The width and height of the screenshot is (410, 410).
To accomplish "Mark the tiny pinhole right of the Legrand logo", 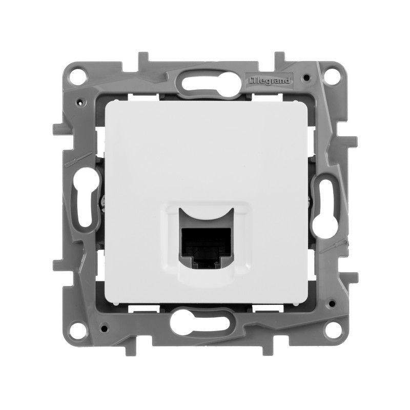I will click(306, 78).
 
